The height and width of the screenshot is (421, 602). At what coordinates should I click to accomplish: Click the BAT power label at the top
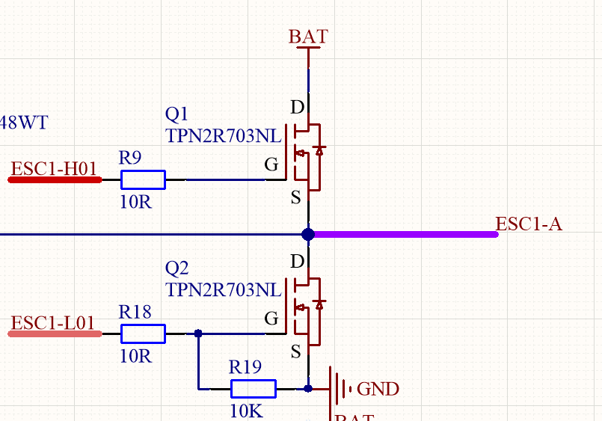pyautogui.click(x=308, y=37)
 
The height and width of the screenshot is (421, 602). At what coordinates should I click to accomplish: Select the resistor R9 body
pyautogui.click(x=143, y=179)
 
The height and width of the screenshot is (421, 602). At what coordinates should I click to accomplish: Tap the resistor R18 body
pyautogui.click(x=143, y=334)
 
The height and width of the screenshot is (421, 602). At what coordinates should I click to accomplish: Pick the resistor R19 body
pyautogui.click(x=253, y=388)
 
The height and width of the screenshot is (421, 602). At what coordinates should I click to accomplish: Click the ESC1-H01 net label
pyautogui.click(x=55, y=169)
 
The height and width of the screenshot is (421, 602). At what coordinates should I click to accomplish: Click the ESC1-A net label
pyautogui.click(x=528, y=224)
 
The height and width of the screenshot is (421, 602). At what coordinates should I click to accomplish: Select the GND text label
pyautogui.click(x=378, y=389)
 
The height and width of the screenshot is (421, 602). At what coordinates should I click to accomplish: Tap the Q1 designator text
pyautogui.click(x=177, y=114)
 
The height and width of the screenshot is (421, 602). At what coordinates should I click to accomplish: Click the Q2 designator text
pyautogui.click(x=177, y=268)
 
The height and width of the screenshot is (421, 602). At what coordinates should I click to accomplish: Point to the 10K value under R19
pyautogui.click(x=246, y=411)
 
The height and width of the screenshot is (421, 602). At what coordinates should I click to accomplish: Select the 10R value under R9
pyautogui.click(x=135, y=202)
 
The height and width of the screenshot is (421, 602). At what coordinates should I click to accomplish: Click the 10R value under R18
pyautogui.click(x=135, y=356)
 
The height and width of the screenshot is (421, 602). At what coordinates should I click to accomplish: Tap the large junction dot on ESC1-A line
pyautogui.click(x=307, y=234)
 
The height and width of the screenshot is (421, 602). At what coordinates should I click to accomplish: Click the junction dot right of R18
pyautogui.click(x=198, y=334)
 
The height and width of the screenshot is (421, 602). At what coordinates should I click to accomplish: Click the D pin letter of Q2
pyautogui.click(x=297, y=262)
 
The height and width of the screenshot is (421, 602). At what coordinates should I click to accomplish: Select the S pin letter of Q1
pyautogui.click(x=296, y=198)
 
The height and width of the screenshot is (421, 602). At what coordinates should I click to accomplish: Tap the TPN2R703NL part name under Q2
pyautogui.click(x=223, y=289)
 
